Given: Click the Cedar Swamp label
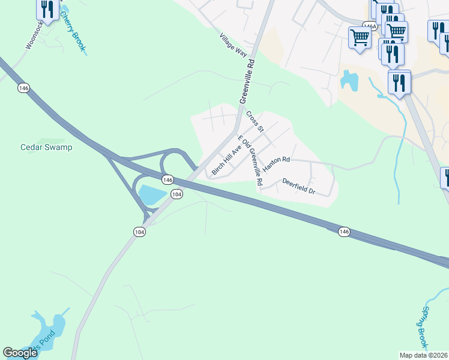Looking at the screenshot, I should (46, 147).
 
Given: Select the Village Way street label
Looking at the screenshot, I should (234, 45).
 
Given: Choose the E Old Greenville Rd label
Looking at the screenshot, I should (250, 160).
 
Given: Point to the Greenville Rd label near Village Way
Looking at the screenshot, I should (247, 80).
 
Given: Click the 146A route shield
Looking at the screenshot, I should (369, 26).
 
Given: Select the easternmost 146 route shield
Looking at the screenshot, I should (343, 232).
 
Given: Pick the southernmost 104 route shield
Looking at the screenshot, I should (139, 232).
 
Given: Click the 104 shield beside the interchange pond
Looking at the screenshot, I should (176, 194).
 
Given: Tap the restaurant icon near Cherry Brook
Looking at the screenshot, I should (47, 9).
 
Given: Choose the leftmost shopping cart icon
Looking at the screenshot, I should (360, 38).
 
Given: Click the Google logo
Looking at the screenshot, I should (20, 353).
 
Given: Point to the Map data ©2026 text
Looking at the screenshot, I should (423, 355).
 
